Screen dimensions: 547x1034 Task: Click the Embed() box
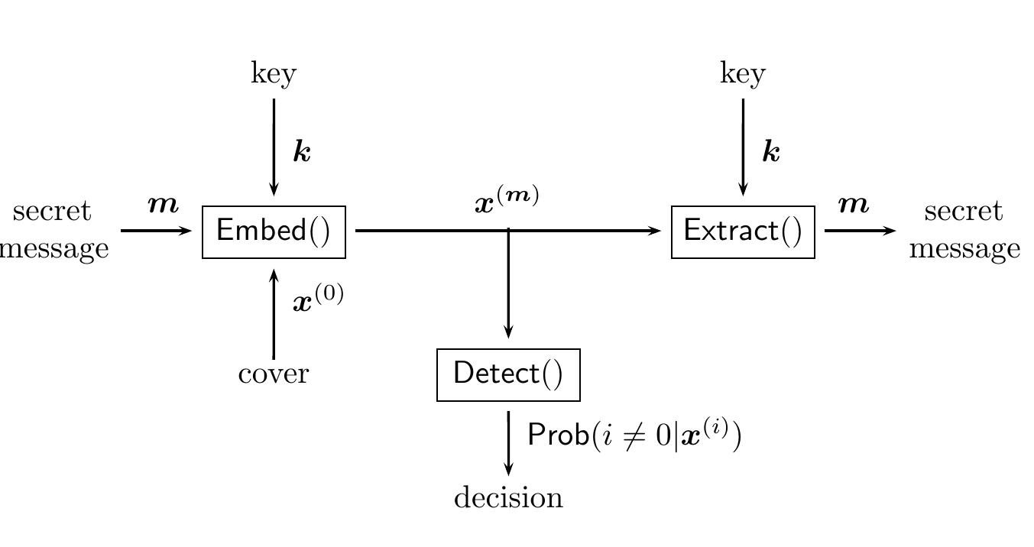(x=274, y=231)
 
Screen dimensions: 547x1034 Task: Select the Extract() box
(x=743, y=231)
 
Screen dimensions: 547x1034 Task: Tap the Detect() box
(x=508, y=374)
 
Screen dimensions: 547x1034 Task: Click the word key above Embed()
(x=274, y=74)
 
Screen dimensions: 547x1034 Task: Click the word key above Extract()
(x=743, y=74)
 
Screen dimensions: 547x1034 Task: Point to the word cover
(x=274, y=374)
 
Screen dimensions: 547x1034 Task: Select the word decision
(x=508, y=498)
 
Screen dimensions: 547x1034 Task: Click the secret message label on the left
(x=53, y=230)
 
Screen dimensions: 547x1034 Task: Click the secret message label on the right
(x=964, y=230)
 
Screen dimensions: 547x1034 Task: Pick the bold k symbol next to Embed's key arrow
(x=303, y=153)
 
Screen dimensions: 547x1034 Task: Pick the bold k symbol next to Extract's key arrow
(x=772, y=153)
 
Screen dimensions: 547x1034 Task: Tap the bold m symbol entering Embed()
(x=163, y=205)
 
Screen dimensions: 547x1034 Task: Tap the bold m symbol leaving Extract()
(x=854, y=205)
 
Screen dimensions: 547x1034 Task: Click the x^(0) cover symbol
(x=318, y=299)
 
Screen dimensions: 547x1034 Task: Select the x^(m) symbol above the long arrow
(x=507, y=200)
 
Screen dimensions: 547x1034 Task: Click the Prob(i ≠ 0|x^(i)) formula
(x=634, y=435)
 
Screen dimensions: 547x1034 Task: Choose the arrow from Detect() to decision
(x=508, y=443)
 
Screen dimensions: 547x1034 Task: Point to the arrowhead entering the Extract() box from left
(x=655, y=230)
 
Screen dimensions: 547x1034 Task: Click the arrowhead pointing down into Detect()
(x=508, y=332)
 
